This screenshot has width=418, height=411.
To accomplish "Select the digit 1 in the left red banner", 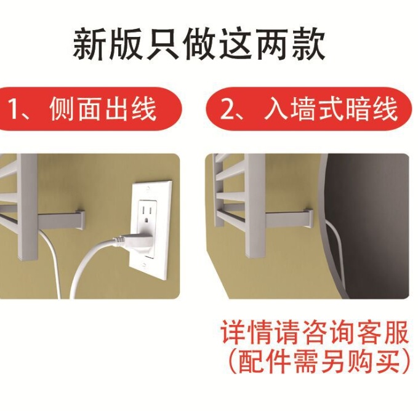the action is coord(13,109).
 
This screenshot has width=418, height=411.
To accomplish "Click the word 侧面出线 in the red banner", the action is coord(103,109).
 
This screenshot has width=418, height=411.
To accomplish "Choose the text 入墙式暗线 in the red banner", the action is coord(331,109).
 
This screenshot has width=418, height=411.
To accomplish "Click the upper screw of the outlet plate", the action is coord(147,189).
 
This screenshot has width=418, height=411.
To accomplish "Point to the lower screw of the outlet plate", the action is coord(144,266).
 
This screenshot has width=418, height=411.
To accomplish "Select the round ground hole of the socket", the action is coord(147,220).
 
